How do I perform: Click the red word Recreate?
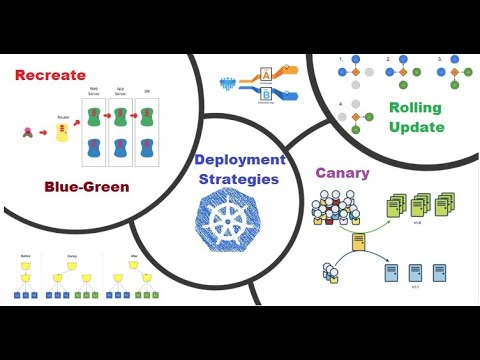[50, 74]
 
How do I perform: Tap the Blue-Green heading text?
[87, 186]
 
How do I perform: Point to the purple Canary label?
[342, 172]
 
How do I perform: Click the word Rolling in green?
[415, 107]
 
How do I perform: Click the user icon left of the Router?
[27, 131]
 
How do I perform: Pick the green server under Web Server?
[93, 117]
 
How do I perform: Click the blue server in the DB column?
[146, 150]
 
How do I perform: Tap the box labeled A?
[265, 73]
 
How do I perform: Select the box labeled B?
[265, 95]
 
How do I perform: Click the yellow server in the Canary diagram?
[358, 241]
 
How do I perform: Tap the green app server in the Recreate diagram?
[120, 117]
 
